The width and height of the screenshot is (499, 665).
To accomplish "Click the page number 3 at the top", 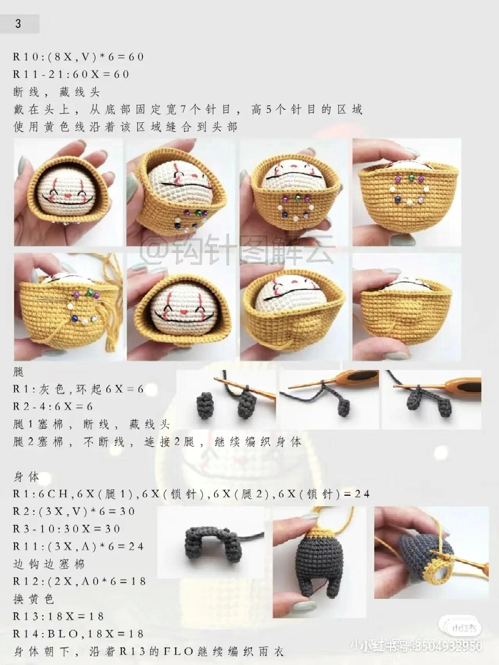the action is [18, 24].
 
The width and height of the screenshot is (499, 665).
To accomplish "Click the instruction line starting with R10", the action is [79, 57].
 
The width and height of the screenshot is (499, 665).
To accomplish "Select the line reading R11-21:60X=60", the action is [71, 74].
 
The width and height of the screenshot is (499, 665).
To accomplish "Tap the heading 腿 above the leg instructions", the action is [18, 372].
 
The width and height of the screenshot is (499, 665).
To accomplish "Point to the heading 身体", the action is [26, 477].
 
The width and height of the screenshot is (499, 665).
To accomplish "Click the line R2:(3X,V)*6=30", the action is [74, 512].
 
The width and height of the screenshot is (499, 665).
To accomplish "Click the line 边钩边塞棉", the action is [49, 564].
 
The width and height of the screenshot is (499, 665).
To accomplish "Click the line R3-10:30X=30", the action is [67, 529].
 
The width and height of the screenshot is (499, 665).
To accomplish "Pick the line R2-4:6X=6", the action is [53, 406].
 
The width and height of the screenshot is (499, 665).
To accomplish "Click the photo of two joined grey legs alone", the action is [211, 543].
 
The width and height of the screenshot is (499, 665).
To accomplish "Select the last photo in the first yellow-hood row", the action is [407, 192].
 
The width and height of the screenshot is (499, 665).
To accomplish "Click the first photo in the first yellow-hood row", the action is [68, 192].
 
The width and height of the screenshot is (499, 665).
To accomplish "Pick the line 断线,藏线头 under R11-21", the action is [56, 92].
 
